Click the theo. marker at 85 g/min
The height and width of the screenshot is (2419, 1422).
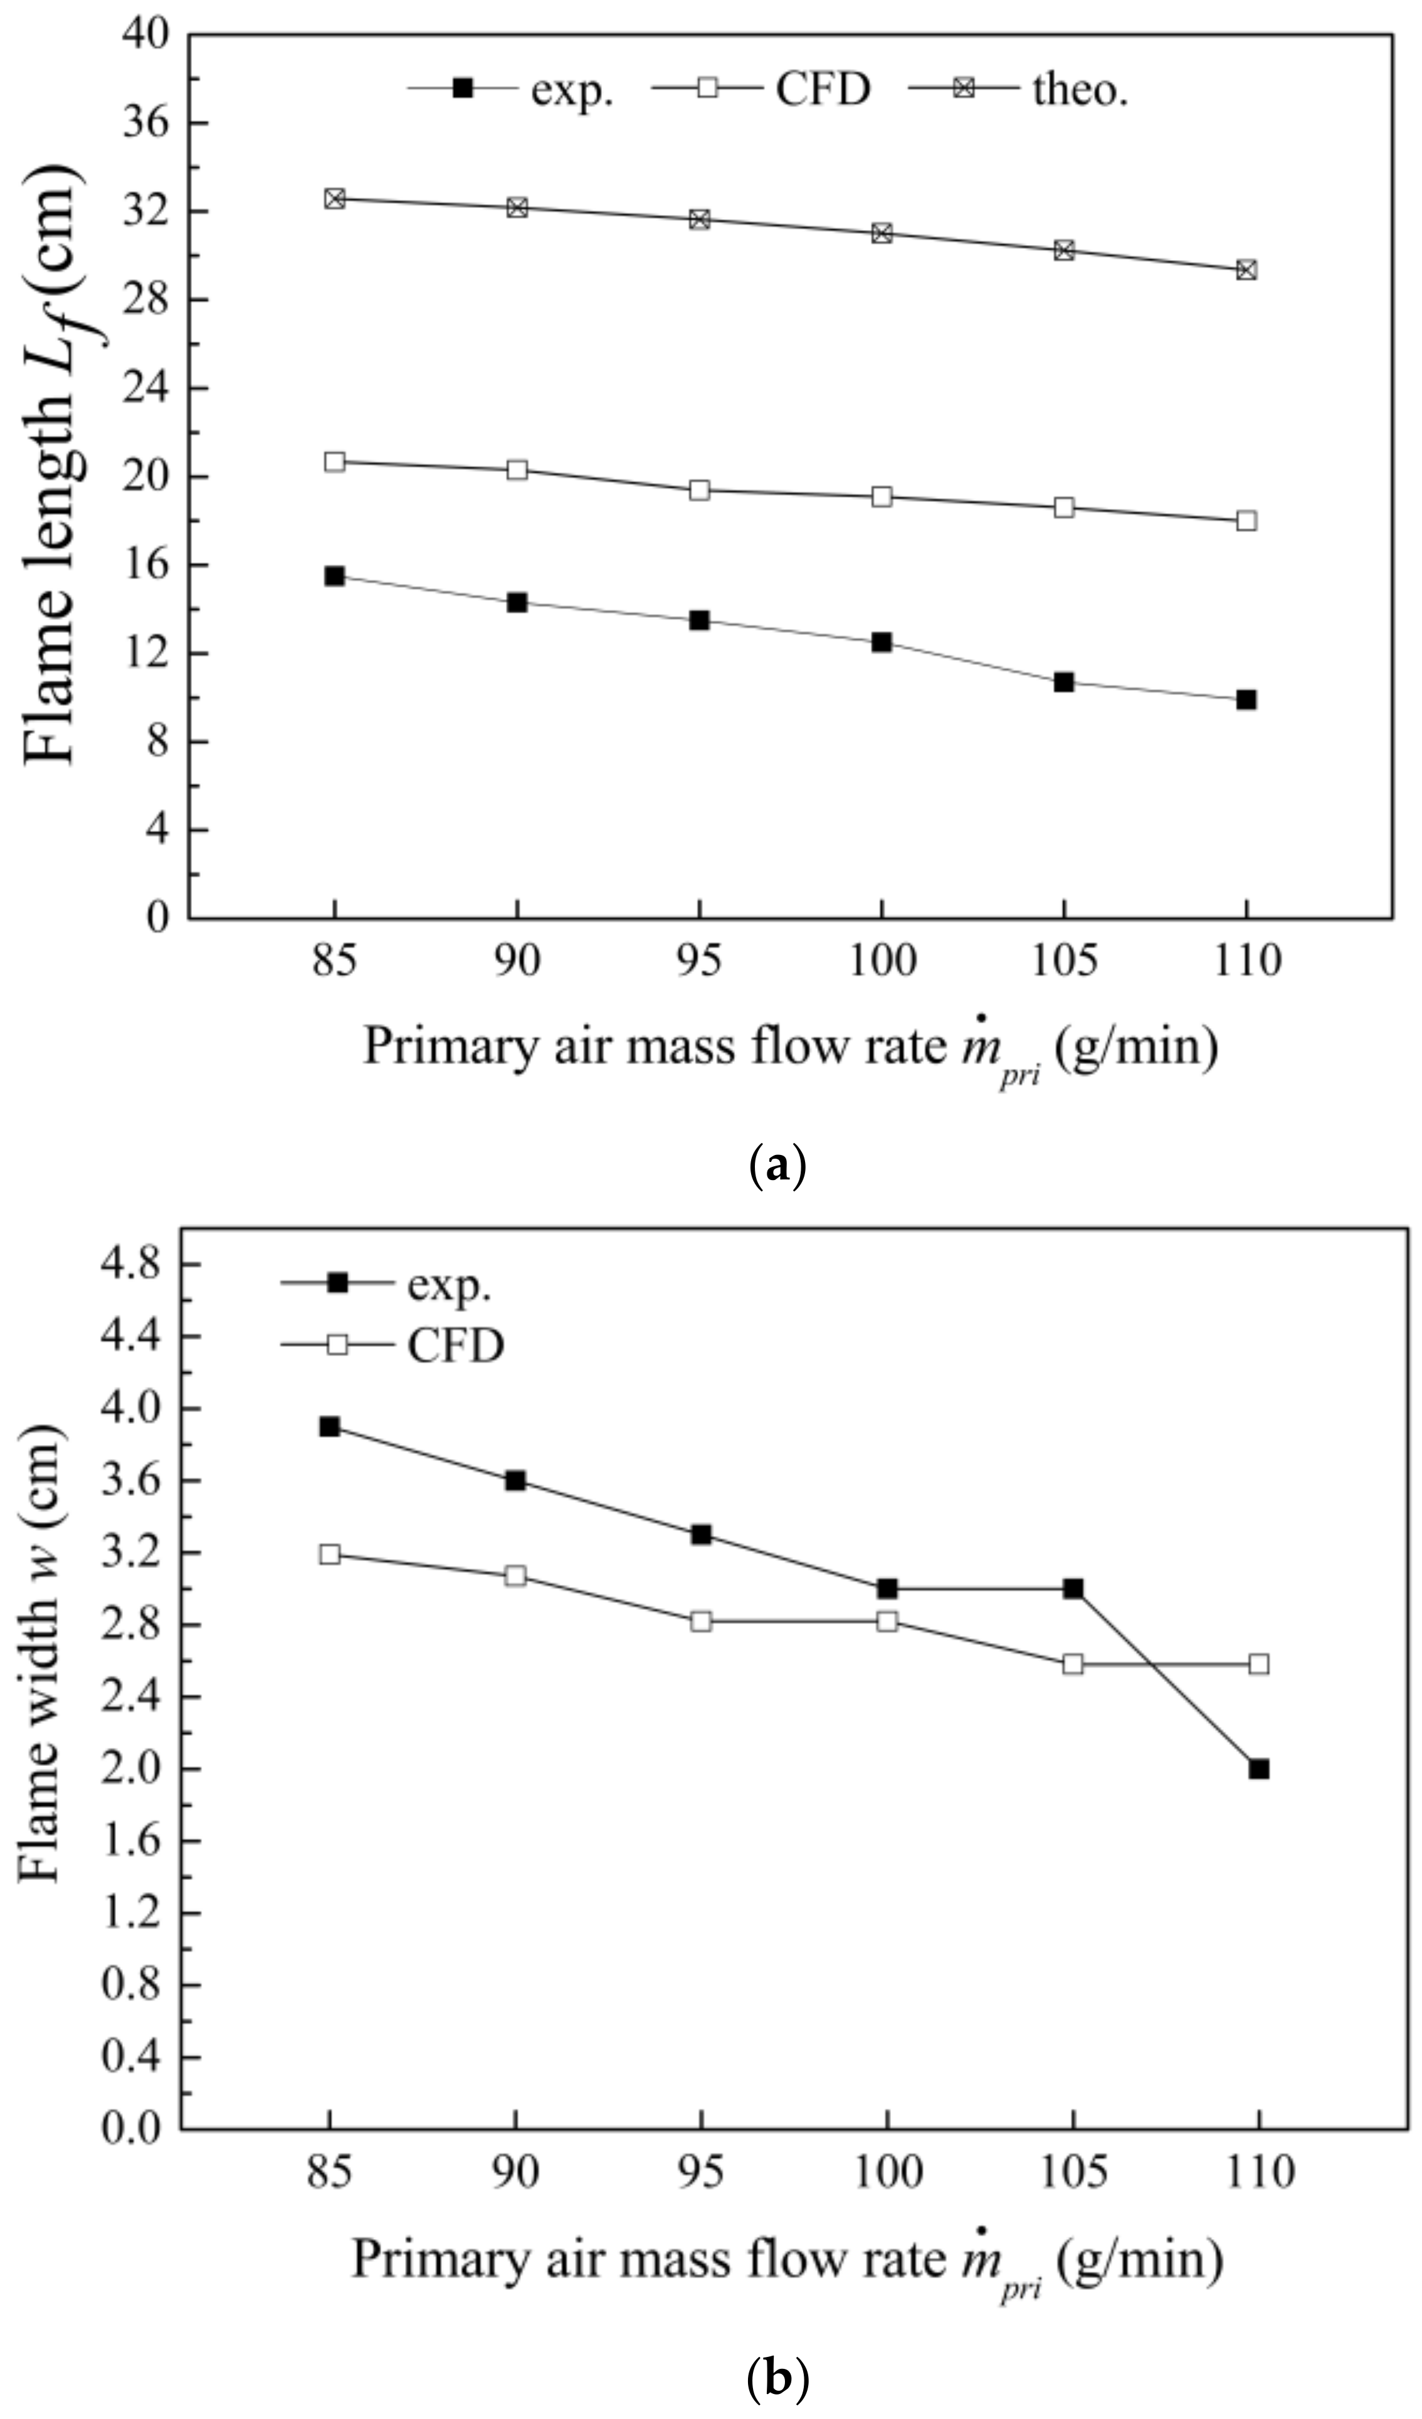[x=334, y=199]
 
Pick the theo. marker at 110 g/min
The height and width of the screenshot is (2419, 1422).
[x=1246, y=269]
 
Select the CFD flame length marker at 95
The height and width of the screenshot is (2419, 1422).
[x=699, y=491]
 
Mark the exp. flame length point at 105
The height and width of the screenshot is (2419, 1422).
[x=1064, y=682]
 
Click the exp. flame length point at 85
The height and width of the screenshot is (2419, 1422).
[x=334, y=576]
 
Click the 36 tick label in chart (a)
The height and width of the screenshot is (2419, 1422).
[x=144, y=123]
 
